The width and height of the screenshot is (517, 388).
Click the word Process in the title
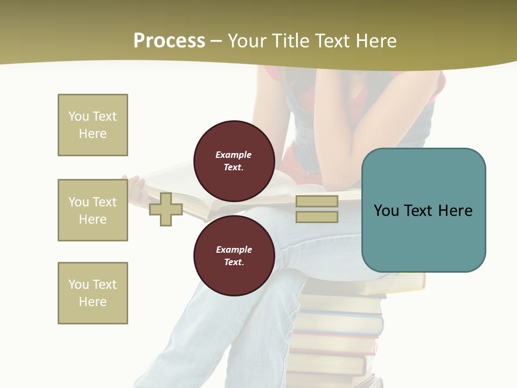point(169,41)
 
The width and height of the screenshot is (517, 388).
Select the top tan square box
point(93,125)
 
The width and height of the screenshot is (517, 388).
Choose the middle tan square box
point(93,210)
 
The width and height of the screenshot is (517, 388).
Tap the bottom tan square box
point(93,293)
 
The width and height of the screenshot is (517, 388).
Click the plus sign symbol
point(166,209)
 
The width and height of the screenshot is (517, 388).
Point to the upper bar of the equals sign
point(317,201)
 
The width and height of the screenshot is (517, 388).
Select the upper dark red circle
point(234,161)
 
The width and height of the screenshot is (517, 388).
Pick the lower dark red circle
point(234,255)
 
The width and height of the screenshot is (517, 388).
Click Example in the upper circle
point(234,155)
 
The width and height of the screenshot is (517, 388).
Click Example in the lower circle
point(234,250)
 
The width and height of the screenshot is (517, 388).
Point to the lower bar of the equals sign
point(317,217)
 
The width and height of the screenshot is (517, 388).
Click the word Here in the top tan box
point(93,134)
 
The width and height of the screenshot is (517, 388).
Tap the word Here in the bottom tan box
point(93,302)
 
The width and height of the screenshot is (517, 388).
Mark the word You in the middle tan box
point(79,202)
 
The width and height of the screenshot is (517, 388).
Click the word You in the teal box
point(386,211)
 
